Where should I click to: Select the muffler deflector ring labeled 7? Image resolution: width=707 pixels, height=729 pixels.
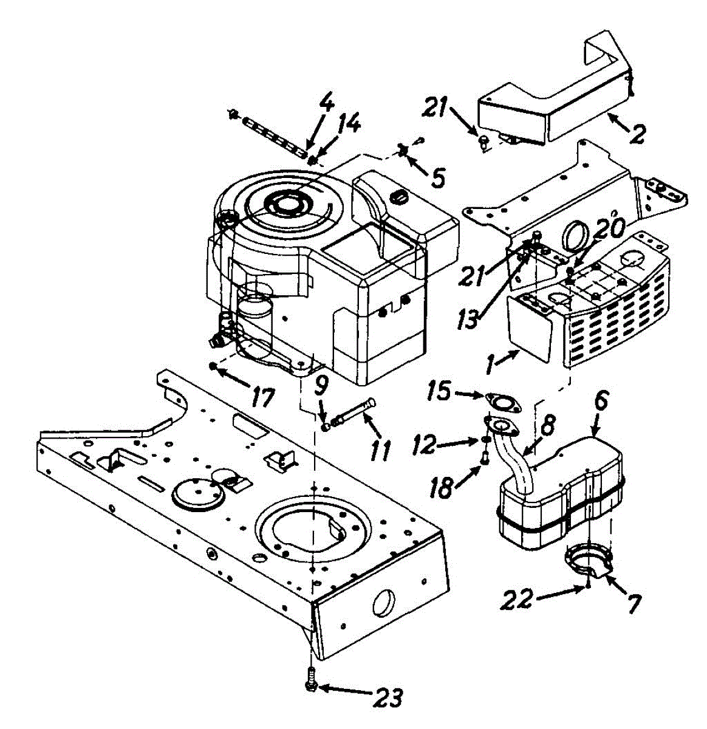click(587, 559)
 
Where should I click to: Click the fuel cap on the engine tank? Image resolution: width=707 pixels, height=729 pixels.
click(398, 196)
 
